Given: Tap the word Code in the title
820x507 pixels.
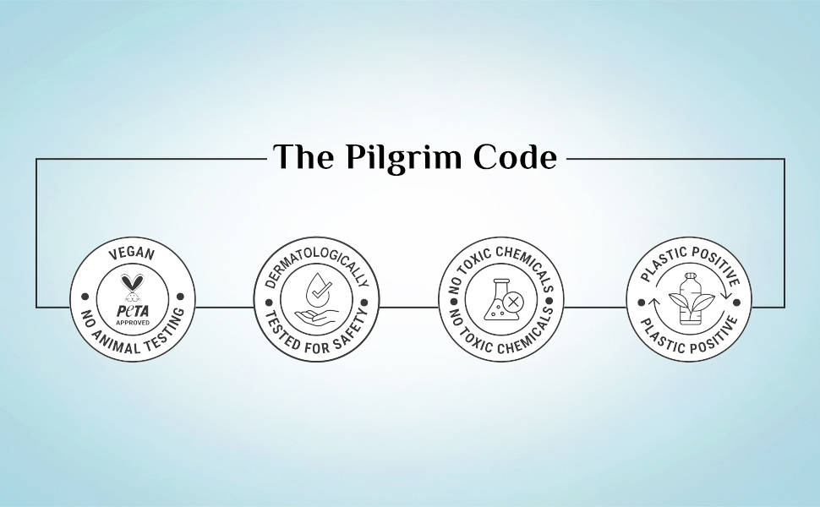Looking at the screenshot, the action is [x=515, y=157].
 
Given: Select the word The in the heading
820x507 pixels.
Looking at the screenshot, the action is [x=303, y=156].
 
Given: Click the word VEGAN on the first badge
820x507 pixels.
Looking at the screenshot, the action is [x=132, y=254].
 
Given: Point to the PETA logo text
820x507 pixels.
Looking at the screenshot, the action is [x=133, y=312].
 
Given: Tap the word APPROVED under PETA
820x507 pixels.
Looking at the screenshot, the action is [x=133, y=323].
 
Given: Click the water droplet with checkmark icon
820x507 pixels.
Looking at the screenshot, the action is [x=319, y=290].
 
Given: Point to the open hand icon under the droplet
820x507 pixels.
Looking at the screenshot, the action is [x=316, y=314].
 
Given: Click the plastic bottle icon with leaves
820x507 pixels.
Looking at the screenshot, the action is [x=688, y=298].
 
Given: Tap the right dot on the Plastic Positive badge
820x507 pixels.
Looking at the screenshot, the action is [x=737, y=303].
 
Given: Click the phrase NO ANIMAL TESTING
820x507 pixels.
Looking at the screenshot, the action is [x=133, y=334].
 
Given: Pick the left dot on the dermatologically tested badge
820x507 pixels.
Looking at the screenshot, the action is [x=269, y=303].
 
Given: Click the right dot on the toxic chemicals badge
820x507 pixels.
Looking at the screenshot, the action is [x=549, y=302].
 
